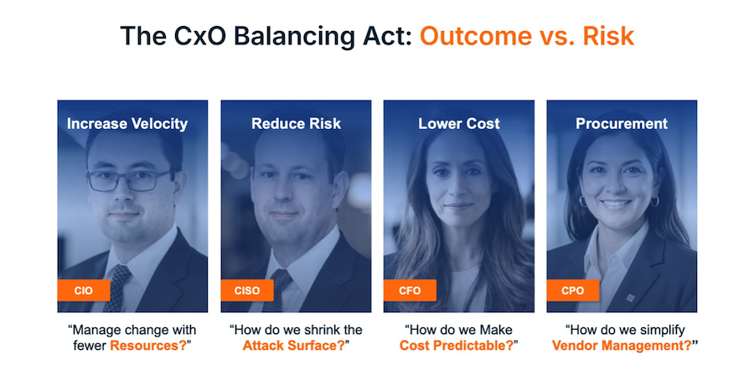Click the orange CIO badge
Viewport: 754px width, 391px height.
(84, 291)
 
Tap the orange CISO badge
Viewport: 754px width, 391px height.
(247, 291)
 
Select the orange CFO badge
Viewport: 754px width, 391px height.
(410, 291)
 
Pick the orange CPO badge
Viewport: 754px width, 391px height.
(573, 291)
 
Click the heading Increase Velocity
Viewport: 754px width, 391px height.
(127, 124)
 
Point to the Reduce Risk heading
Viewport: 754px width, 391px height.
(297, 124)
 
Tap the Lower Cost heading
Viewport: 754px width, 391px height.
(459, 124)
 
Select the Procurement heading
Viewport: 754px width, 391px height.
(622, 124)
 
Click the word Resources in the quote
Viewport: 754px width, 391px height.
(144, 345)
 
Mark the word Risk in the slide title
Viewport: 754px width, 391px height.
(608, 36)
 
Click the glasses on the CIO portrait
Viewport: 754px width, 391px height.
(130, 180)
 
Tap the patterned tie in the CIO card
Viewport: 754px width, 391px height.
(116, 287)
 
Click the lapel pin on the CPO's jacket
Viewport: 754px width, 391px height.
(630, 298)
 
